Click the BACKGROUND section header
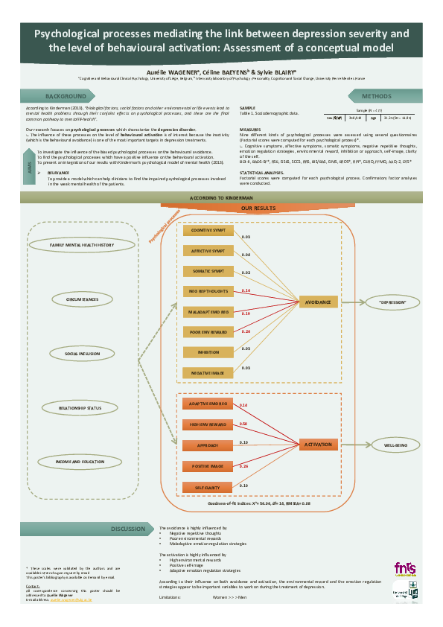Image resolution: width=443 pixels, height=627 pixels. click(x=66, y=97)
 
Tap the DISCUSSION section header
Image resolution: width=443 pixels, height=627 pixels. click(x=127, y=529)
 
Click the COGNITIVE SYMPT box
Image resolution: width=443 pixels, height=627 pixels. click(x=208, y=231)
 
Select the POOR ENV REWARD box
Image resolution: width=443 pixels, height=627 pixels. click(x=208, y=331)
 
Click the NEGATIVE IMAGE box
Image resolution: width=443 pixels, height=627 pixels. click(x=208, y=370)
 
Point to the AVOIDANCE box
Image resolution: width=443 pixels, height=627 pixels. click(x=319, y=302)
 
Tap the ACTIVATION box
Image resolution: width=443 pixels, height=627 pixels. click(x=318, y=445)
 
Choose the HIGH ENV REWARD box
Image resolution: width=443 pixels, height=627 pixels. click(x=208, y=424)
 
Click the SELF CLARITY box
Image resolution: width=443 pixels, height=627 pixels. click(x=208, y=487)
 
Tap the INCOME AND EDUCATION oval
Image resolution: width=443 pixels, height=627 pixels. click(x=82, y=462)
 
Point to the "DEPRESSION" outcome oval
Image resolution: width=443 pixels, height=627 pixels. click(x=392, y=302)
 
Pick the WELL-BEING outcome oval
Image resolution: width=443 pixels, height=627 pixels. click(x=395, y=445)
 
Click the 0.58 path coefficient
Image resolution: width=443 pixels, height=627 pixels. click(x=243, y=424)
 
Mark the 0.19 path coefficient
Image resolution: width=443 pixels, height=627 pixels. click(x=245, y=313)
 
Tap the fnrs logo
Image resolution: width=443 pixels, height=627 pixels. click(x=405, y=568)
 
